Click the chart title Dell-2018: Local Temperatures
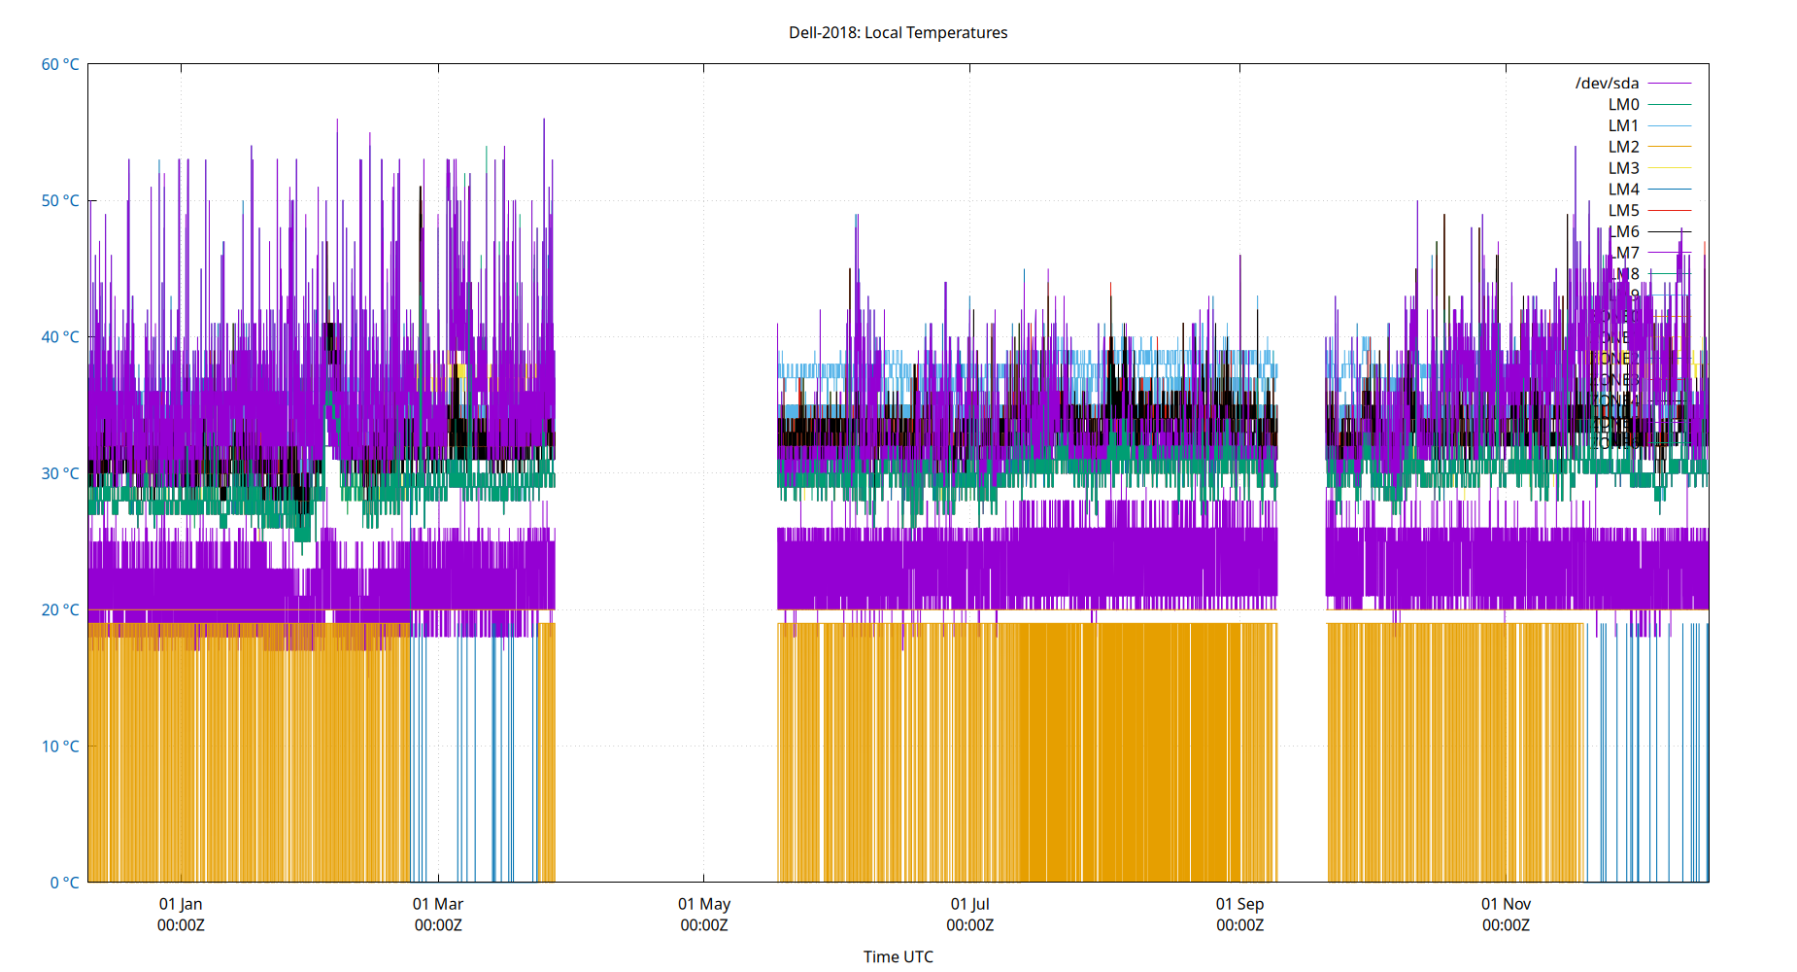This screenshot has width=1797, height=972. tap(898, 32)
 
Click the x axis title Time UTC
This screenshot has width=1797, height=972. tap(898, 956)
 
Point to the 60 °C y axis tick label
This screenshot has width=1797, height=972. tap(60, 64)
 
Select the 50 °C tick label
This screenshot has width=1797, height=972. tap(60, 201)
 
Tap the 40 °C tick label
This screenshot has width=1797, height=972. tap(60, 337)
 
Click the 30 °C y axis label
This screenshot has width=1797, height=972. tap(60, 473)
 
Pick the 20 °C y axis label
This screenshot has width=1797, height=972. tap(60, 609)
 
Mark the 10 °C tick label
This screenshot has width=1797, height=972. tap(60, 746)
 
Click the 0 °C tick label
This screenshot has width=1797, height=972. tap(64, 883)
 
